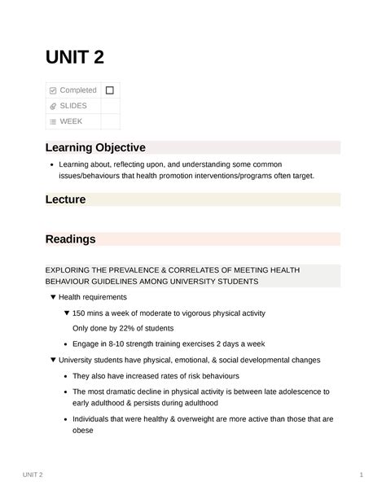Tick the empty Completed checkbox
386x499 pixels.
click(109, 90)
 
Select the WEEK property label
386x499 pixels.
click(71, 121)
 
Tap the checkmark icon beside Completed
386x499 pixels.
click(53, 90)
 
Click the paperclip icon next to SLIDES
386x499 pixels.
click(53, 106)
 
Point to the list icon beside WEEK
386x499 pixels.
click(53, 122)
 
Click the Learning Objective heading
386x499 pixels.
click(95, 147)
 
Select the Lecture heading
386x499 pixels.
click(65, 199)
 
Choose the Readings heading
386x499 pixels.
click(70, 239)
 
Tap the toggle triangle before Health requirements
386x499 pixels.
click(53, 297)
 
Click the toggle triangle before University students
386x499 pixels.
click(53, 360)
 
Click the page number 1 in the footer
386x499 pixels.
click(360, 475)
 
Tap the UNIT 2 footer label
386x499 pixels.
click(34, 475)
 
